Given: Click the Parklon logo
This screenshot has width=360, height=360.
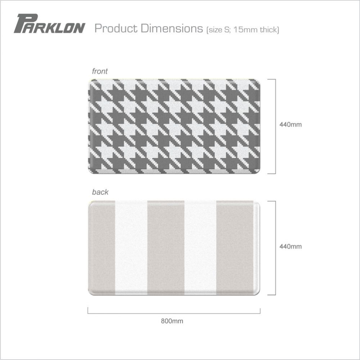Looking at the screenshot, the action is click(x=49, y=24).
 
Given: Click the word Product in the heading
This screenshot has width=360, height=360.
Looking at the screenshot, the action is click(x=116, y=28).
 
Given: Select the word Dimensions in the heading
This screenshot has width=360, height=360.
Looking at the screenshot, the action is click(x=172, y=28).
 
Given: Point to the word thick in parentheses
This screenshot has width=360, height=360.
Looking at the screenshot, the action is click(x=269, y=30).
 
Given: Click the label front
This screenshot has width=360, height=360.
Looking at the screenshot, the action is click(x=100, y=71).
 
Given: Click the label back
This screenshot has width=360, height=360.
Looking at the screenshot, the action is click(x=100, y=192).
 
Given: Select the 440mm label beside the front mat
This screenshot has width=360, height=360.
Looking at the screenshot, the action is click(x=291, y=125).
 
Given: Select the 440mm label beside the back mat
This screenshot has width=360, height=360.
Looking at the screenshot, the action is click(x=291, y=247).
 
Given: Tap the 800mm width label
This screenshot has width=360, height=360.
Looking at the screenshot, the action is click(x=172, y=321).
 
